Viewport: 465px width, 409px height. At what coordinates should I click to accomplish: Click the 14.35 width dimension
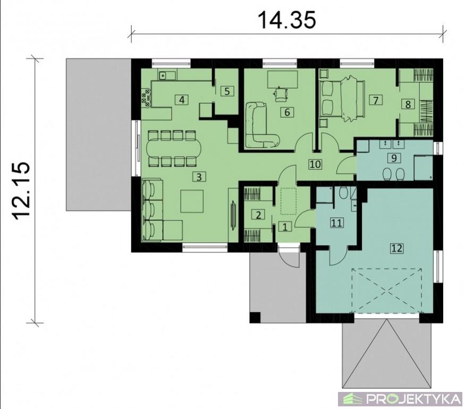287,20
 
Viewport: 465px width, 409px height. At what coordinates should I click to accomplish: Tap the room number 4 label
182,100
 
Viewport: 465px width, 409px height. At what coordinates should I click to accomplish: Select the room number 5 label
227,91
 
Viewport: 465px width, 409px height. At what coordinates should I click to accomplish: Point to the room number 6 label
287,112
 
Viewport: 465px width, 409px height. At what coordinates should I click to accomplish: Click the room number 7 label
376,100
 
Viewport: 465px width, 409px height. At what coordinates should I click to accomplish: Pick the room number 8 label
408,104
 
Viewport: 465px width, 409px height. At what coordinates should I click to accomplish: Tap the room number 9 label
394,158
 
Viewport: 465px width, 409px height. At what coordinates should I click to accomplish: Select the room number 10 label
315,164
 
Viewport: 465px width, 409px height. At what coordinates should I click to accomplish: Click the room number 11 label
336,223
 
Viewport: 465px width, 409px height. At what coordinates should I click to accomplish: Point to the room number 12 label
397,248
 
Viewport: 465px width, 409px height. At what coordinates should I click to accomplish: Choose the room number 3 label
199,177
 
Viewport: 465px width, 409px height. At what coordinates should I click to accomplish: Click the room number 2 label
258,215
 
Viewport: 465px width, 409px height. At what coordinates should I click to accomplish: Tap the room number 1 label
285,227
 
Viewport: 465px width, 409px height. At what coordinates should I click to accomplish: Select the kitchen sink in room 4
163,76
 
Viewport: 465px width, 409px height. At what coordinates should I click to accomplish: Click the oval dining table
173,149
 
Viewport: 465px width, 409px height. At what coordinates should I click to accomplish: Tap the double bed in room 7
342,99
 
